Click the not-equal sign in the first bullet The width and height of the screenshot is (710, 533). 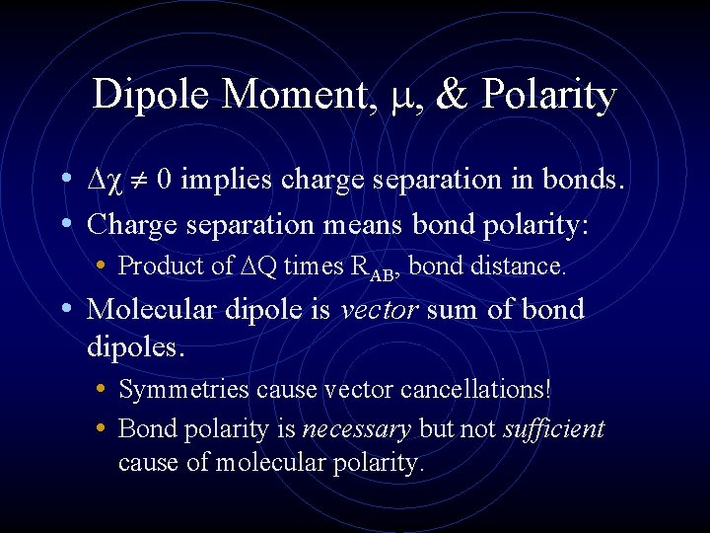click(141, 181)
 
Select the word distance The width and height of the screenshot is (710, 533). click(522, 266)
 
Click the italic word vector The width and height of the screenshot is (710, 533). click(378, 310)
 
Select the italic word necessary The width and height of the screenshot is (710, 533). click(357, 429)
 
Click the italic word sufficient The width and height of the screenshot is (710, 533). click(553, 429)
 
